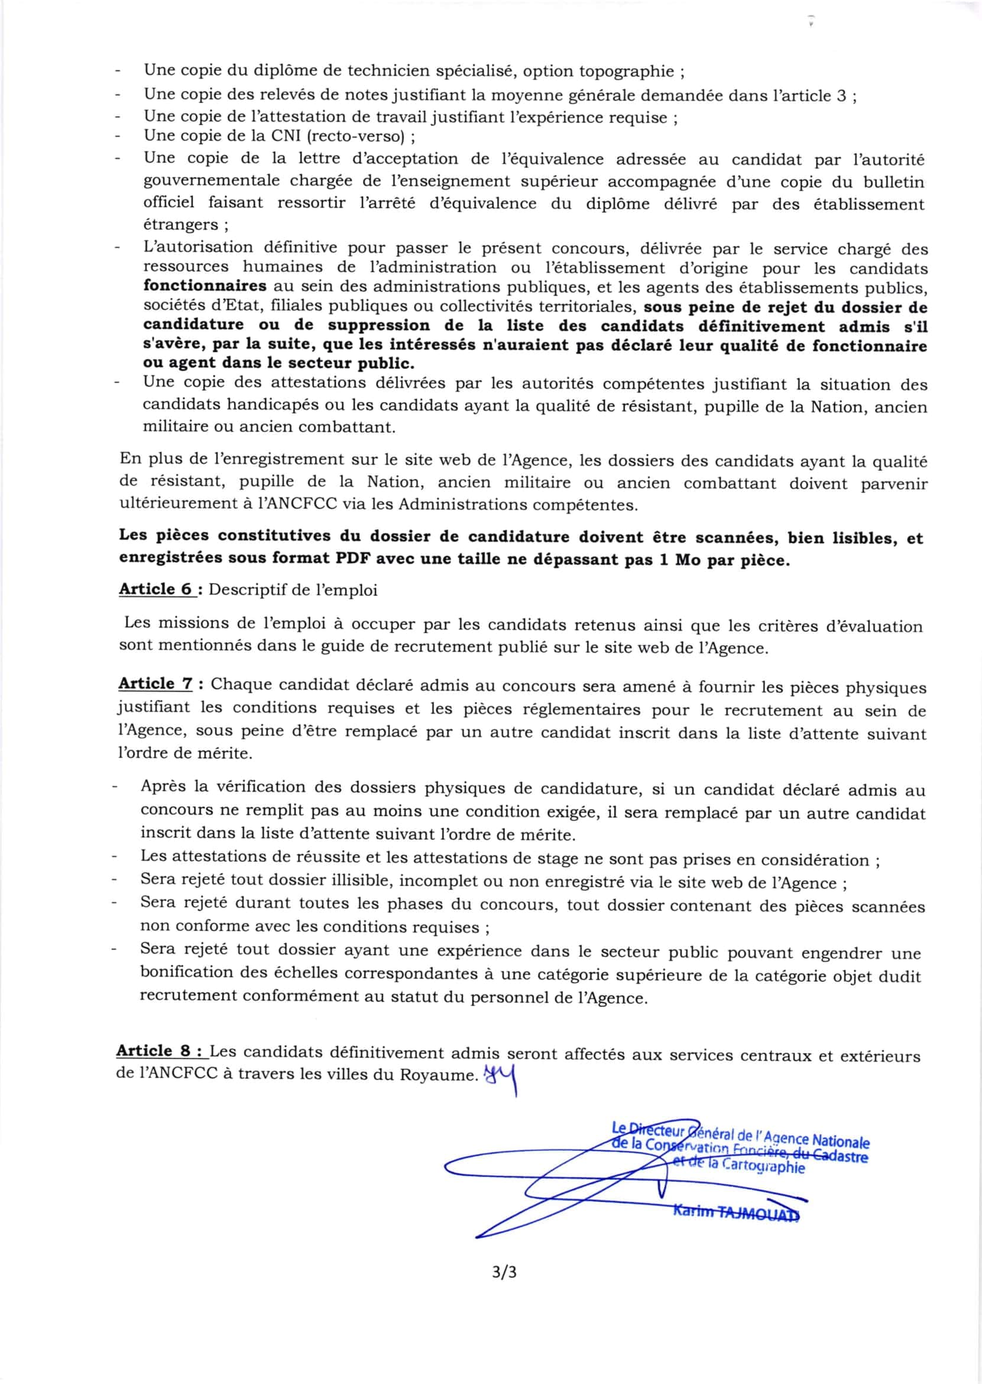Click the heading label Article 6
[x=155, y=589]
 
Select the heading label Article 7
[x=155, y=684]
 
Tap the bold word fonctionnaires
[x=205, y=286]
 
